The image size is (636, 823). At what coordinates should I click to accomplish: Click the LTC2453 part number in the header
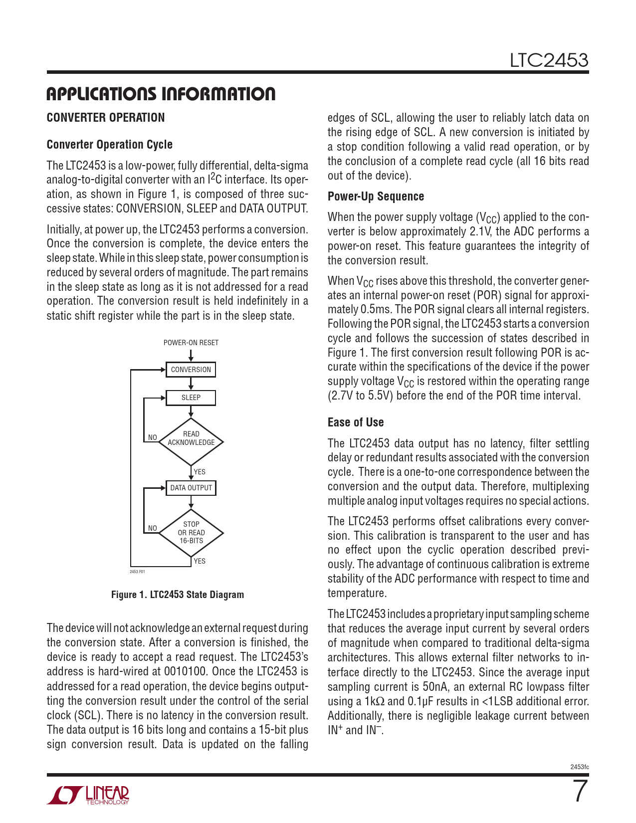click(x=549, y=60)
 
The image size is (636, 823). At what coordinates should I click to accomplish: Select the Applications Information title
click(x=161, y=94)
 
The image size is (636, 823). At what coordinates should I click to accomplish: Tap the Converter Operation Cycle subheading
click(x=109, y=145)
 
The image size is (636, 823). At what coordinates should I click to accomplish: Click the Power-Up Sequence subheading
click(x=376, y=197)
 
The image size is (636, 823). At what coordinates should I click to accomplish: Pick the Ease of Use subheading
click(x=356, y=422)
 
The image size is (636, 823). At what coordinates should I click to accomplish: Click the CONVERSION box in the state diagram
click(x=191, y=370)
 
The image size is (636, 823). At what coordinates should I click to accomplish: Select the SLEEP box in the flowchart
click(x=191, y=398)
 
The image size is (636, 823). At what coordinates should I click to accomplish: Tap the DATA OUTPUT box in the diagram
click(x=191, y=488)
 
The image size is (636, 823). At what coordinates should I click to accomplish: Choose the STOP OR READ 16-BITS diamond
click(x=191, y=533)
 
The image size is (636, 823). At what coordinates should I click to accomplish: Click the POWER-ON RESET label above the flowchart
click(x=191, y=343)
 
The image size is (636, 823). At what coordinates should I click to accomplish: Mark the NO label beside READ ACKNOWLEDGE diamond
click(x=153, y=437)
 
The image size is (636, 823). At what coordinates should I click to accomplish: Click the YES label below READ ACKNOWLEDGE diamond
click(x=200, y=472)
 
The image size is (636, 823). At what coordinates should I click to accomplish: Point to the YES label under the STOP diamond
click(x=200, y=561)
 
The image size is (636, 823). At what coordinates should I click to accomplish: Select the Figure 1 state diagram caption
click(x=178, y=595)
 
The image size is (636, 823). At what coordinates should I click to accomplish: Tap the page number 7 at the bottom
click(x=579, y=792)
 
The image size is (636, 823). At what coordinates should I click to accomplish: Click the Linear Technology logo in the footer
click(x=88, y=795)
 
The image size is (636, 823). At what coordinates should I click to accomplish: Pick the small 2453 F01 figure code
click(x=137, y=572)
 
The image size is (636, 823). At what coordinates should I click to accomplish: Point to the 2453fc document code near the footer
click(x=579, y=767)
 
